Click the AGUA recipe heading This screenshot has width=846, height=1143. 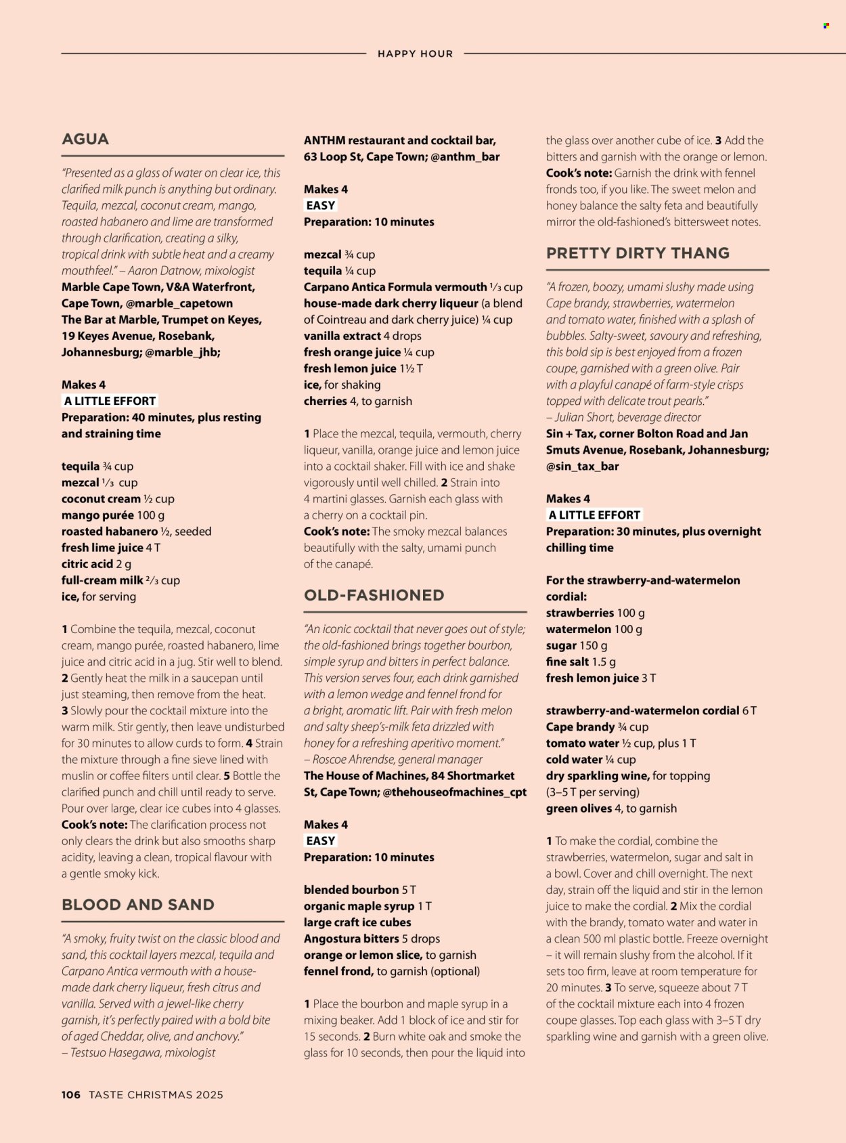click(x=85, y=139)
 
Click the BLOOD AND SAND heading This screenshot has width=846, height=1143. click(x=138, y=905)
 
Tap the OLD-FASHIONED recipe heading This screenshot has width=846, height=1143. click(x=374, y=595)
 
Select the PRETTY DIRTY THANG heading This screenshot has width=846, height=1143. click(x=638, y=253)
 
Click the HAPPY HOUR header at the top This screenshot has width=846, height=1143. click(x=415, y=54)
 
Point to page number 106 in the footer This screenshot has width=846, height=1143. click(x=71, y=1094)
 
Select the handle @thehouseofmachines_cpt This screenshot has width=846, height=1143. click(x=454, y=792)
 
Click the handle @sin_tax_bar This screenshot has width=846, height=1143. click(x=582, y=467)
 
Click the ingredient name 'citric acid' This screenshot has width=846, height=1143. click(x=87, y=564)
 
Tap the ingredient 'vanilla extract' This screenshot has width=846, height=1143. click(x=342, y=336)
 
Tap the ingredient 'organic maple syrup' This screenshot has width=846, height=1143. click(x=359, y=906)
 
